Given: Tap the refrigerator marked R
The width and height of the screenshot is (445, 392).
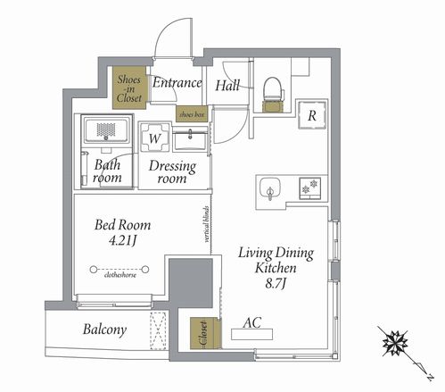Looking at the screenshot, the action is coord(312,115).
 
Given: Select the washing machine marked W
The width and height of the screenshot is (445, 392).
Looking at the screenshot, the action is coord(155,138).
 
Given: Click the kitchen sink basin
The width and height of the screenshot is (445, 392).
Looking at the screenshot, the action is coord(269,188).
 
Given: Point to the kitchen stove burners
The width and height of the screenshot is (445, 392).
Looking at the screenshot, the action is coord(309,188).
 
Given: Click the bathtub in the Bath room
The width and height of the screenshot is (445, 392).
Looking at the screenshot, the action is coord(107,130).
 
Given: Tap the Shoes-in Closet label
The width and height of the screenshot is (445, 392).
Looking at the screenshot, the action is coord(129,88).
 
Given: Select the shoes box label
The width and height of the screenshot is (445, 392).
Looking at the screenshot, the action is coord(192,114).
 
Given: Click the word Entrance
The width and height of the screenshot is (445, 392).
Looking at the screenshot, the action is coord(177,83).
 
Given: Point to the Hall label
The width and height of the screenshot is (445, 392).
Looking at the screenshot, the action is coord(227,86).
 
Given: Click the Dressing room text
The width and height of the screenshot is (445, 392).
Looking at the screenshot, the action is coord(172,172).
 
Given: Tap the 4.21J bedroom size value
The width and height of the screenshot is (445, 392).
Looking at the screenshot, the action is coord(122,240).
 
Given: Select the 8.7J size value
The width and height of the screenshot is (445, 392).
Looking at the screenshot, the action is coord(276,284).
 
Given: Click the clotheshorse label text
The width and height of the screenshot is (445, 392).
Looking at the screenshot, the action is coord(120,275).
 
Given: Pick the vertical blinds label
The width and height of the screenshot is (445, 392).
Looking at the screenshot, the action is coord(207,224).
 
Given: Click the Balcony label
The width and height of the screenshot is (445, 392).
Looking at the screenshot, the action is coord(104,329).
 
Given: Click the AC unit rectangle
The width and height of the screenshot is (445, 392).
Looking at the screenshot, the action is coord(251,334).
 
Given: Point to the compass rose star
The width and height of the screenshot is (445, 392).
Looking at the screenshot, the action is coord(395,343).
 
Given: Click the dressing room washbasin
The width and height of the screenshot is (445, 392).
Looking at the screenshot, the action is coord(190,140).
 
